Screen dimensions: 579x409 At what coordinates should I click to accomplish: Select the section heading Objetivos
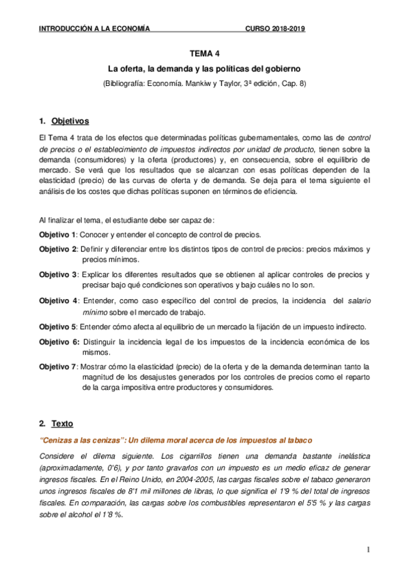coord(70,122)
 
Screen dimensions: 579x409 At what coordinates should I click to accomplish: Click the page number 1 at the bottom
coord(367,550)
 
